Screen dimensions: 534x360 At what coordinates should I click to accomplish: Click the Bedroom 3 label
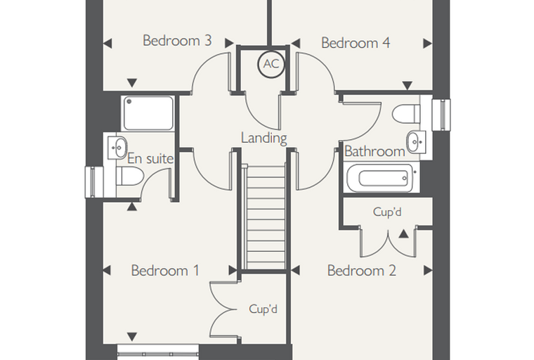pos(177,41)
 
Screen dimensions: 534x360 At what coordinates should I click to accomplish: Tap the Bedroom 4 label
pos(356,43)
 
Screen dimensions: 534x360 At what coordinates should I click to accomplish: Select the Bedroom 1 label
pos(165,271)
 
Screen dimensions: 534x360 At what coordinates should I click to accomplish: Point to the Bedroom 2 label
pos(362,271)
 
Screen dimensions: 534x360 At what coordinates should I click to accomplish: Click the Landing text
pos(264,139)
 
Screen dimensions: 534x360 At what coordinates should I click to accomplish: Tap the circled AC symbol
pos(271,64)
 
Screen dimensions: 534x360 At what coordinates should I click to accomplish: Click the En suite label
pos(150,158)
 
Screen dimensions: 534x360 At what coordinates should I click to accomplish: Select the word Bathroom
pos(375,151)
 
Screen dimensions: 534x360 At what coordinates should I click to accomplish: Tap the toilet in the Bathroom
pos(406,113)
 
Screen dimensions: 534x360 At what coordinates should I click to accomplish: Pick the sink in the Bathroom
pos(416,141)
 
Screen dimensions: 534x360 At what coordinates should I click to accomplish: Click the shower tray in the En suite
pos(148,113)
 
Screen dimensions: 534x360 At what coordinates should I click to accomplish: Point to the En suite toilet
pos(130,176)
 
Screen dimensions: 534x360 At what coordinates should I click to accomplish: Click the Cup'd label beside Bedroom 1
pos(263,309)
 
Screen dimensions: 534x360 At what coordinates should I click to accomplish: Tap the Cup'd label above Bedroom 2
pos(387,212)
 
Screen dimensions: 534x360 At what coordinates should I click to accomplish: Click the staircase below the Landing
pos(266,217)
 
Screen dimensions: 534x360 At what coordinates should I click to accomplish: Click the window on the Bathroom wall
pos(441,115)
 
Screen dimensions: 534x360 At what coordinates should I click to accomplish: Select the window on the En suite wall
pos(93,182)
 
